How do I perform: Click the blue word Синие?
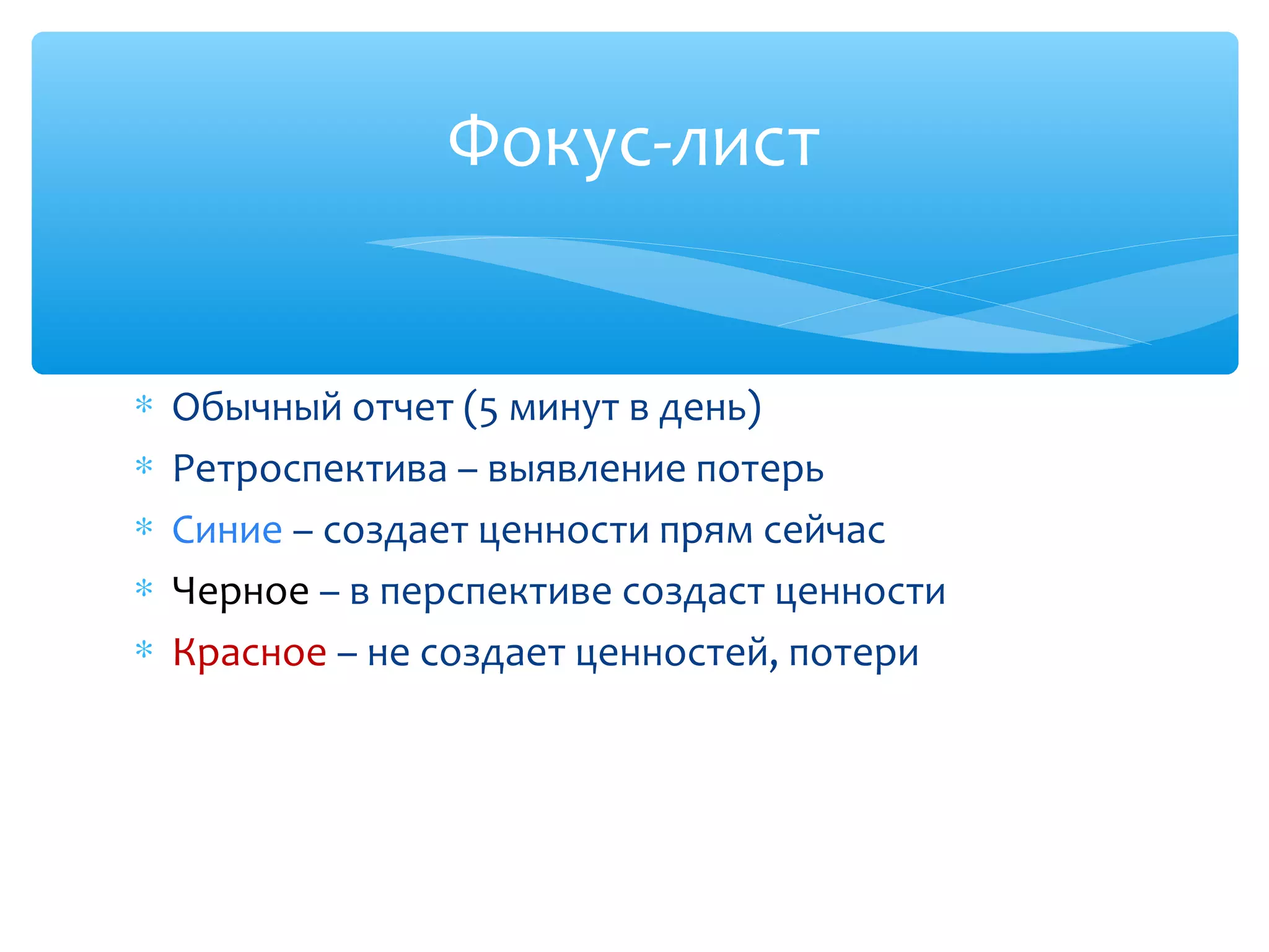227,531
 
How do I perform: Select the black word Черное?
240,591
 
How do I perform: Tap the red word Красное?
249,653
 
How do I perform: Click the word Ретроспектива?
309,470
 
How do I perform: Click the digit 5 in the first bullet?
488,410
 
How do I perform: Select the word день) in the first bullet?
710,408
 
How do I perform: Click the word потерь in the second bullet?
760,470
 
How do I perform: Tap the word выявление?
586,470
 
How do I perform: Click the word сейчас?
823,531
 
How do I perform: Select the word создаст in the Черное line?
693,593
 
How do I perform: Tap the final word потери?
853,653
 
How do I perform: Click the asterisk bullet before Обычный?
144,405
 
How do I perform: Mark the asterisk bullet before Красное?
144,650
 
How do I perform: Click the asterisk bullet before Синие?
144,527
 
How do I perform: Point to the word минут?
564,409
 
